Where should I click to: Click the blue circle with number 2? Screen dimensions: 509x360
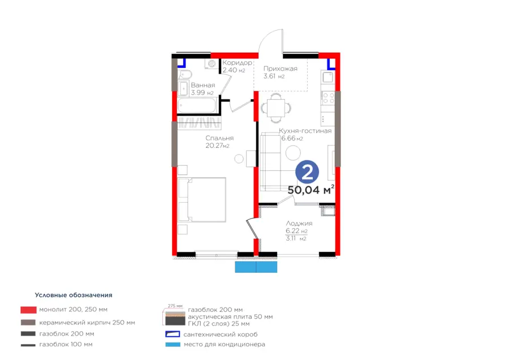point(307,173)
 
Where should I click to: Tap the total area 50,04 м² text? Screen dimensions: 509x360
point(310,190)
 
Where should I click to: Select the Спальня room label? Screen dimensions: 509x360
point(219,138)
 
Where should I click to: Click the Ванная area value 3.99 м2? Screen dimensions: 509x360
point(202,93)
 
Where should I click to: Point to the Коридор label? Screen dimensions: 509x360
point(238,63)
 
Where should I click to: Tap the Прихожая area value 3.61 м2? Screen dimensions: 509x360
point(274,76)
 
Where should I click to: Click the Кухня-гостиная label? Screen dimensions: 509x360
point(305,131)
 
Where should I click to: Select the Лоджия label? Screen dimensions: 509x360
point(299,224)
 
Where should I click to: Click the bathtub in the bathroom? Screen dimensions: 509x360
point(197,106)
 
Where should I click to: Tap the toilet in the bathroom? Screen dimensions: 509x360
point(184,75)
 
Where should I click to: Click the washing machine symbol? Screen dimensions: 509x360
point(212,64)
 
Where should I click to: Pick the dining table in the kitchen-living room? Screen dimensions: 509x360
point(276,108)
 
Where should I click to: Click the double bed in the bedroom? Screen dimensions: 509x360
point(202,199)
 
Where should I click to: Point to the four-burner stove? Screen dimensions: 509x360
point(328,98)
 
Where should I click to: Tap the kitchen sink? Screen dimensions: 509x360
point(327,78)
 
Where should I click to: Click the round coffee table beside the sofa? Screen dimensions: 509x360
point(293,153)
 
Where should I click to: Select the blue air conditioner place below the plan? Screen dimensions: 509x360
point(256,267)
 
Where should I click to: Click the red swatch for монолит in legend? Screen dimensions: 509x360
point(29,310)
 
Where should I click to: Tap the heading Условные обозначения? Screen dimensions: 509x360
point(74,295)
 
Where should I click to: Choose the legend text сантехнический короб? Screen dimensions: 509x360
point(221,335)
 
